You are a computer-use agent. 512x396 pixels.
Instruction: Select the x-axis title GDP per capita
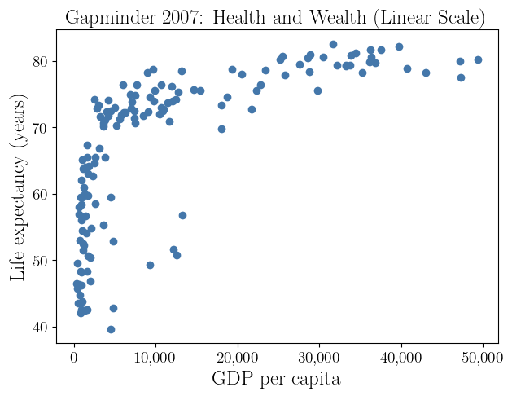(276, 379)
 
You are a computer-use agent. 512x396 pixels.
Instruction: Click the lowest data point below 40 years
(111, 329)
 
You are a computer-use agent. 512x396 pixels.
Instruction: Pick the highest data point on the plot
(333, 45)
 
